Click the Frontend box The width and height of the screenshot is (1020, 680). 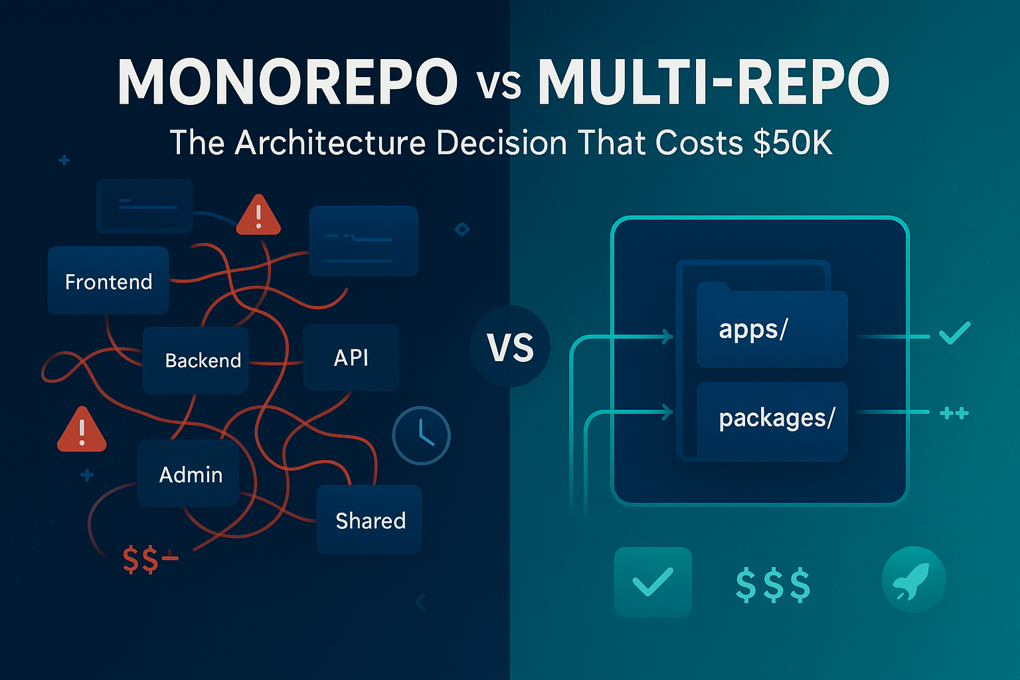(x=108, y=281)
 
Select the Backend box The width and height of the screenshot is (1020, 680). (x=196, y=360)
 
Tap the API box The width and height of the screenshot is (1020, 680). (x=351, y=358)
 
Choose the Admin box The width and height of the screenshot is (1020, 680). (x=189, y=473)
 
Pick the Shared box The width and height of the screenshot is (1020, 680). (x=369, y=520)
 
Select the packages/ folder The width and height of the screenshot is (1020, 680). (x=772, y=418)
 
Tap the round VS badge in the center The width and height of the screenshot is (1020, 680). (x=510, y=347)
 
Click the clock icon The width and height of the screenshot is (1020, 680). (x=422, y=436)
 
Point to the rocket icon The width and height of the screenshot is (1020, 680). (x=913, y=579)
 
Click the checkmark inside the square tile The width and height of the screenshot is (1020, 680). (x=653, y=582)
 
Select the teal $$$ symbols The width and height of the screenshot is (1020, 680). (x=773, y=584)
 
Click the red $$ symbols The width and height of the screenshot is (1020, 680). (x=141, y=560)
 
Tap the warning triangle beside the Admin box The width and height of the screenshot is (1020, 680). (x=82, y=430)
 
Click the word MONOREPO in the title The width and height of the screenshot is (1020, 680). (x=287, y=83)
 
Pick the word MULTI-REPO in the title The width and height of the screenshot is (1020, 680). (x=713, y=83)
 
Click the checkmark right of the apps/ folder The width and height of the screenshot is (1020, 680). (x=955, y=332)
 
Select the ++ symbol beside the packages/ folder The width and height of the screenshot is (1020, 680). (x=954, y=414)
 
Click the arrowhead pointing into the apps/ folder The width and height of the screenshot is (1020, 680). (x=667, y=337)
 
